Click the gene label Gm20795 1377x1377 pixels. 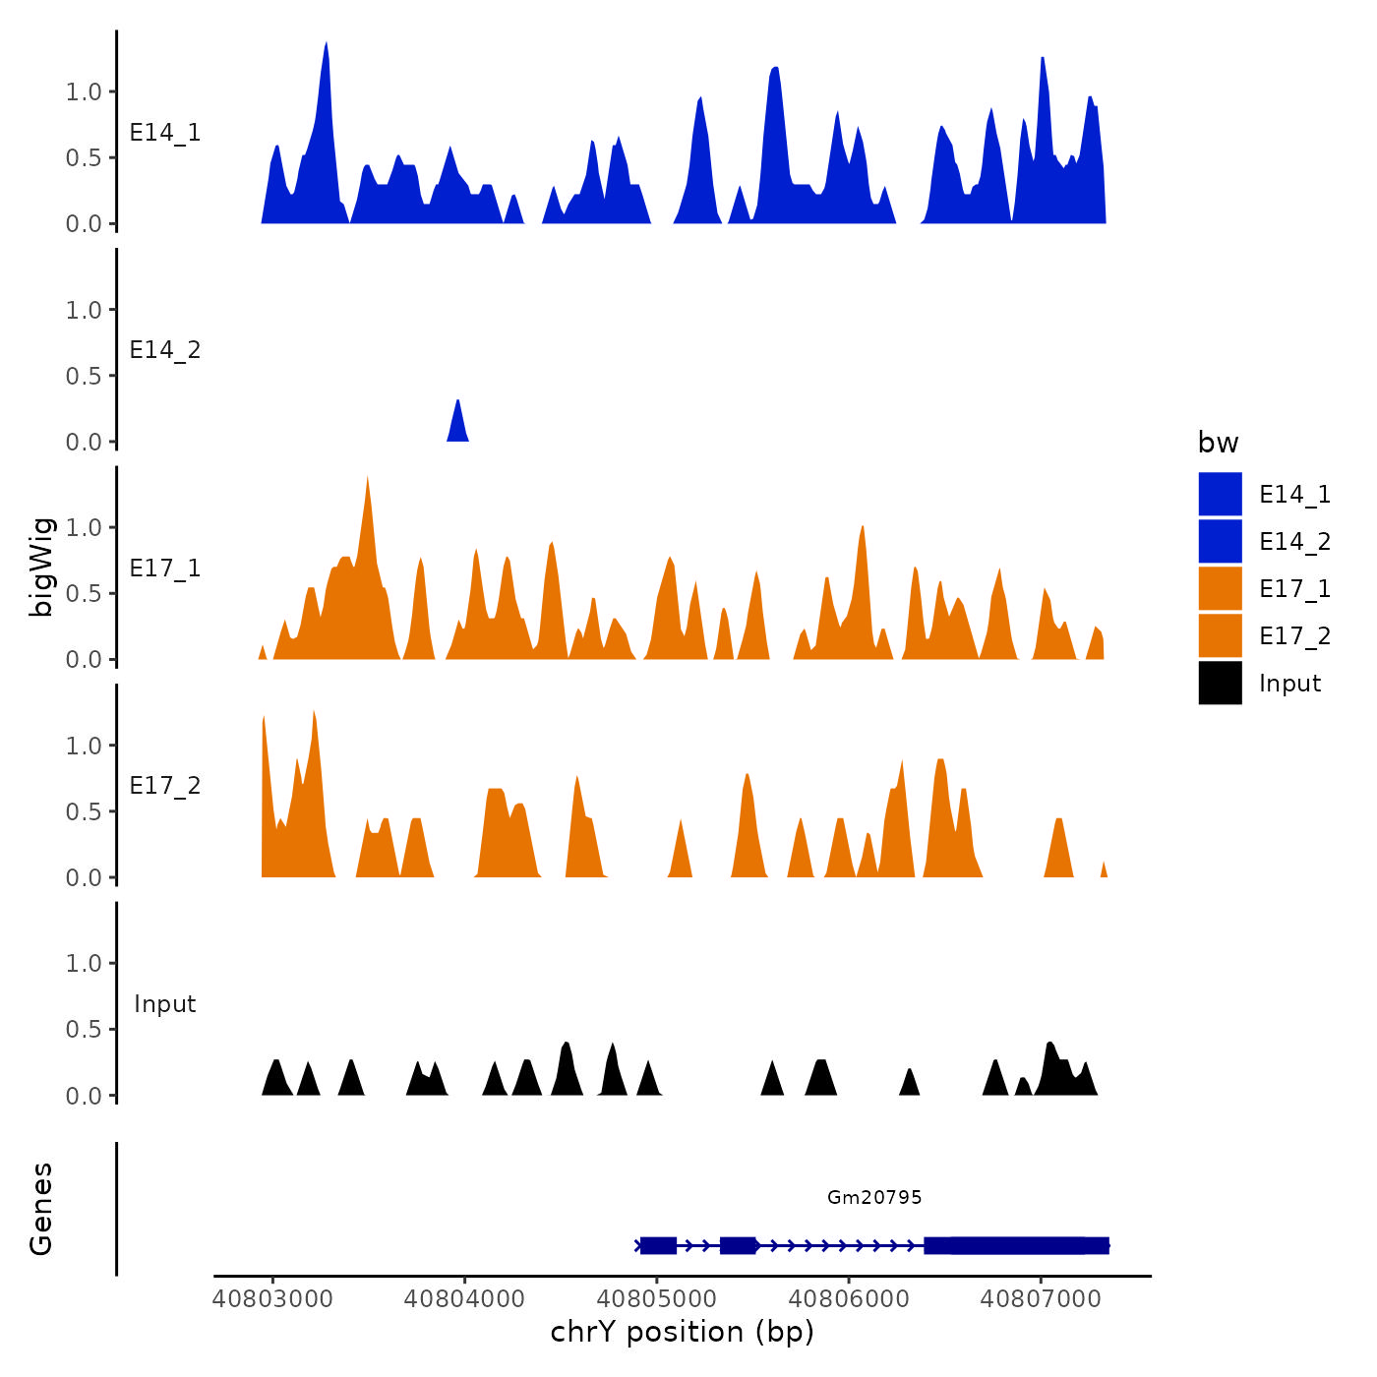tap(874, 1197)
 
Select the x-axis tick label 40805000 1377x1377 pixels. tap(657, 1298)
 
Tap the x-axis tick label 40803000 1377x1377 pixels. tap(272, 1298)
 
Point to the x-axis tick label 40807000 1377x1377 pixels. tap(1041, 1298)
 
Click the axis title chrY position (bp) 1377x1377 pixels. tap(682, 1332)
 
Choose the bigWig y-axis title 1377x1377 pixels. tap(41, 567)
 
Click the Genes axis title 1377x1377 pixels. tap(41, 1209)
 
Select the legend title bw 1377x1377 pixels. tap(1218, 443)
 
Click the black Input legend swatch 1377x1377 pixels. tap(1220, 683)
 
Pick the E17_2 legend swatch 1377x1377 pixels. tap(1220, 635)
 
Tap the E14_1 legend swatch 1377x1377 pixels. tap(1220, 494)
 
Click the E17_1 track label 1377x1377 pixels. tap(165, 569)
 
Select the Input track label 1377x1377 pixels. tap(165, 1004)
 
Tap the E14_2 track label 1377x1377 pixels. tap(165, 350)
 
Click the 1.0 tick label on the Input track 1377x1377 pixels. tap(84, 963)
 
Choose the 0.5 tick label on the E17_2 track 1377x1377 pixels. tap(84, 811)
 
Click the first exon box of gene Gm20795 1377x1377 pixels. tap(658, 1245)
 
